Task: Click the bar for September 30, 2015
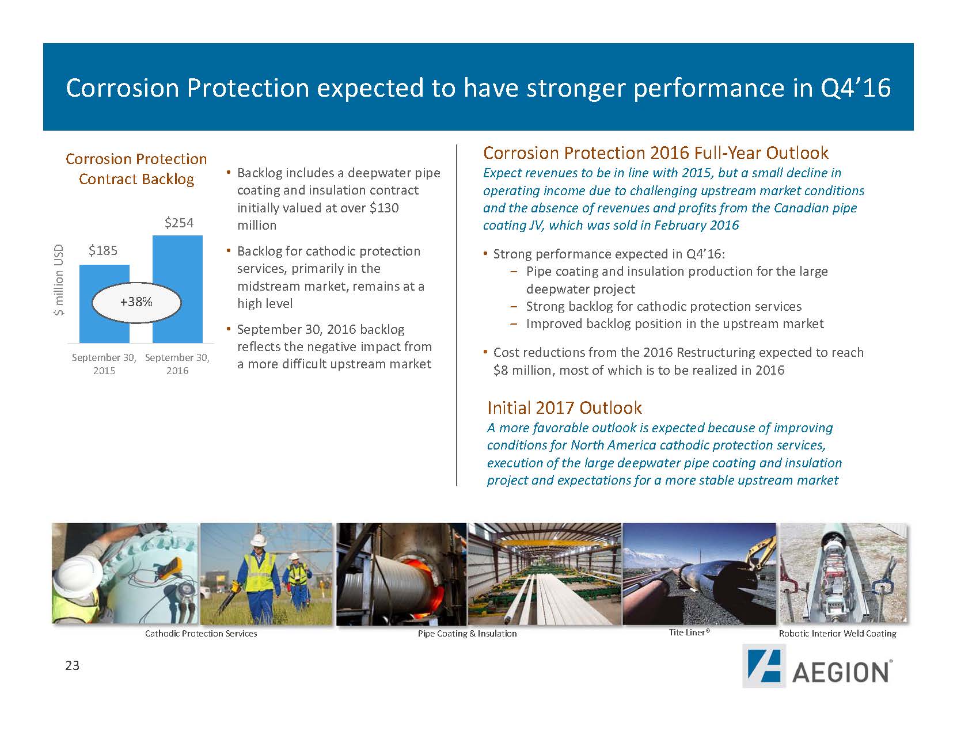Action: pyautogui.click(x=104, y=303)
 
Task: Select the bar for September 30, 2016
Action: pyautogui.click(x=177, y=289)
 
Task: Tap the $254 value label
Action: pyautogui.click(x=179, y=223)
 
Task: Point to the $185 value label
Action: pyautogui.click(x=103, y=250)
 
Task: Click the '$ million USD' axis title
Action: pyautogui.click(x=59, y=280)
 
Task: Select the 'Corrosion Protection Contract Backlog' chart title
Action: pyautogui.click(x=136, y=169)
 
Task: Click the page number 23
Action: pyautogui.click(x=72, y=665)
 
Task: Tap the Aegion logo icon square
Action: pyautogui.click(x=764, y=665)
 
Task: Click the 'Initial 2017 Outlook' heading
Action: pyautogui.click(x=564, y=407)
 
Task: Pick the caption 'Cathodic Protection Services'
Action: pyautogui.click(x=201, y=633)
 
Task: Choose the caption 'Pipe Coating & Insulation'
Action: pyautogui.click(x=467, y=633)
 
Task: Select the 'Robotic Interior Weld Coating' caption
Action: pyautogui.click(x=837, y=633)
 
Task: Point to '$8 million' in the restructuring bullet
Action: pyautogui.click(x=522, y=369)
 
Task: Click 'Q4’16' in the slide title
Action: pyautogui.click(x=856, y=87)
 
